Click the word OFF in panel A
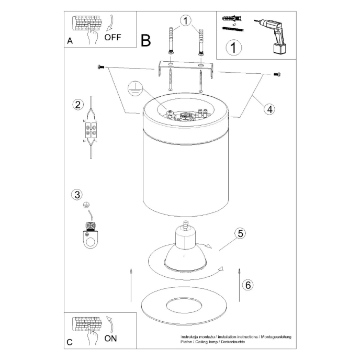point(113,37)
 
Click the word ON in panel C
point(110,337)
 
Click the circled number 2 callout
point(77,104)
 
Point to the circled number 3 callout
point(77,195)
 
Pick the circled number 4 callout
point(268,109)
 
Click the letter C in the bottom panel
point(70,342)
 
